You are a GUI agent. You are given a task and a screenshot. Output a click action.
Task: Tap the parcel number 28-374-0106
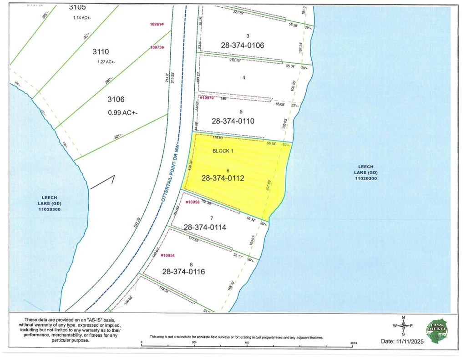243,46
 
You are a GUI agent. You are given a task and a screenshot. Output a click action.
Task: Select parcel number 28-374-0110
233,121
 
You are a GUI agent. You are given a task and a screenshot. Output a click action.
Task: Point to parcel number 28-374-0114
205,227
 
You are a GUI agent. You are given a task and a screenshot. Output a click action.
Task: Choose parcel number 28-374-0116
183,272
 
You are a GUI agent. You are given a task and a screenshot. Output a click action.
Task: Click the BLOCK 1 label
223,151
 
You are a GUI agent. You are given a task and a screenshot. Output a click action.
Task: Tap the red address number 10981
157,24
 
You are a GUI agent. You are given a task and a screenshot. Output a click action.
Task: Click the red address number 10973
157,47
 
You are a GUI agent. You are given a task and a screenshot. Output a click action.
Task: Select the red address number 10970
207,98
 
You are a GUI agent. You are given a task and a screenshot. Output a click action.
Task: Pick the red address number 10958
193,202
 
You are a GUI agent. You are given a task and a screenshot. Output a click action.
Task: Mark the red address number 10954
169,255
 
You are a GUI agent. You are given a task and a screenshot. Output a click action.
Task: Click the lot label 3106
116,99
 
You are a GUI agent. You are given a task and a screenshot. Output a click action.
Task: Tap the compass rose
403,325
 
